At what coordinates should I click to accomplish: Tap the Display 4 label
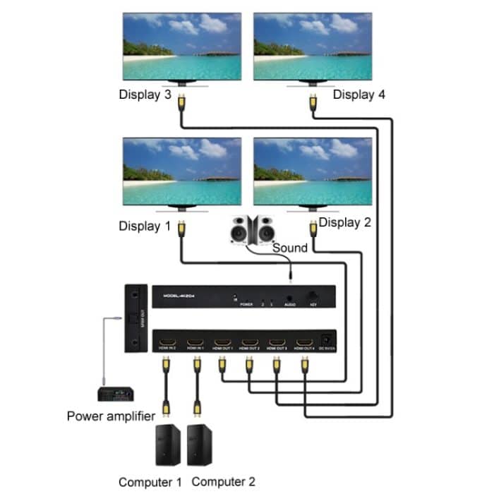pos(359,95)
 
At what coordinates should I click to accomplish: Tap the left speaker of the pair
pos(240,229)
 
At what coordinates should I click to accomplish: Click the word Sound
pos(290,248)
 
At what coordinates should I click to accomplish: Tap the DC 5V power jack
pos(327,340)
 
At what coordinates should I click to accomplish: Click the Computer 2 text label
pos(223,482)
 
